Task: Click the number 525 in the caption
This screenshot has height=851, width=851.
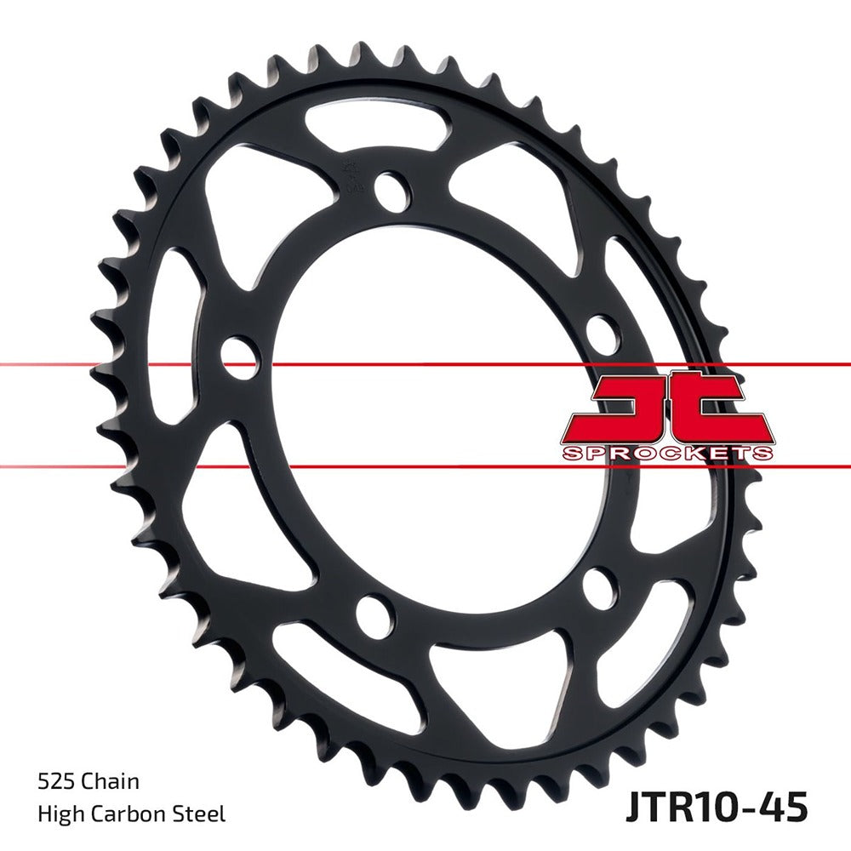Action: coord(55,781)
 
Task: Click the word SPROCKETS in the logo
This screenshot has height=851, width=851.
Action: coord(667,453)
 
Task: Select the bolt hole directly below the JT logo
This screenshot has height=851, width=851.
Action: coord(602,588)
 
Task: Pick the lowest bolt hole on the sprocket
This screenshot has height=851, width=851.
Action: coord(374,617)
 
